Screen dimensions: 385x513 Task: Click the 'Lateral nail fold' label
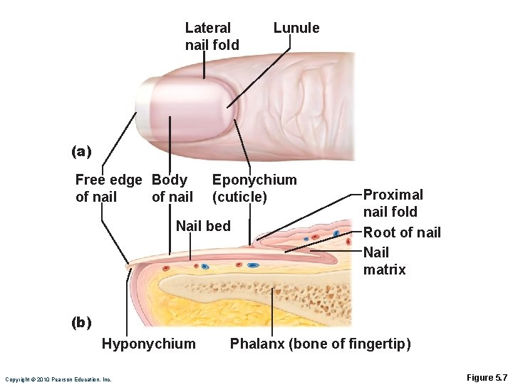212,36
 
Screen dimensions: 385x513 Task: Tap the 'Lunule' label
296,28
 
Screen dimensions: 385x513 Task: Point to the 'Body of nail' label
172,188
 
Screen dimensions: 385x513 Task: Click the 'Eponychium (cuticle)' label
254,188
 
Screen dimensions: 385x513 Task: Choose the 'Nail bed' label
203,226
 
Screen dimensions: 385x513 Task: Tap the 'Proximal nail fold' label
393,203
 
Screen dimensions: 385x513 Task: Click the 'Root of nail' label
402,232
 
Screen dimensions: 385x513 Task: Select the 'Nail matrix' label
384,261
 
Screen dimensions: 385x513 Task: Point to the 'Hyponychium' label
148,344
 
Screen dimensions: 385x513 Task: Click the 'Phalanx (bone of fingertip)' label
320,344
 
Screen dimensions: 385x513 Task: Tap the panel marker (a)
82,151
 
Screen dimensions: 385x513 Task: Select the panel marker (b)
82,322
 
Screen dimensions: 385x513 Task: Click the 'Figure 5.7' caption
485,377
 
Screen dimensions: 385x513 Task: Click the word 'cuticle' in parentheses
239,197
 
